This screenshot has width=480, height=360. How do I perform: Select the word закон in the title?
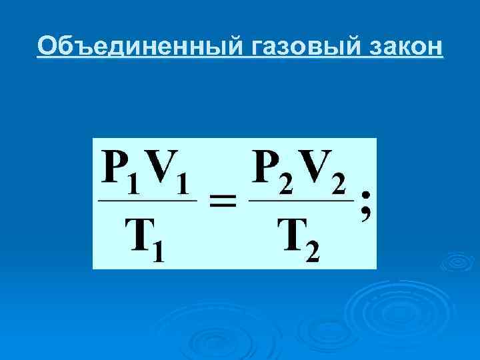pos(403,46)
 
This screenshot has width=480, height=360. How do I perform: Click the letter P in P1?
pos(115,169)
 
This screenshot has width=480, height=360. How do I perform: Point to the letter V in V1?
pos(163,169)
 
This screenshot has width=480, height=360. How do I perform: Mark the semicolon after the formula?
pos(365,205)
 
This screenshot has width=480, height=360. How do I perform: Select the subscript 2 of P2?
pos(287,184)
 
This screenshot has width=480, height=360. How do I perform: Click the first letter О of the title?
pos(47,46)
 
